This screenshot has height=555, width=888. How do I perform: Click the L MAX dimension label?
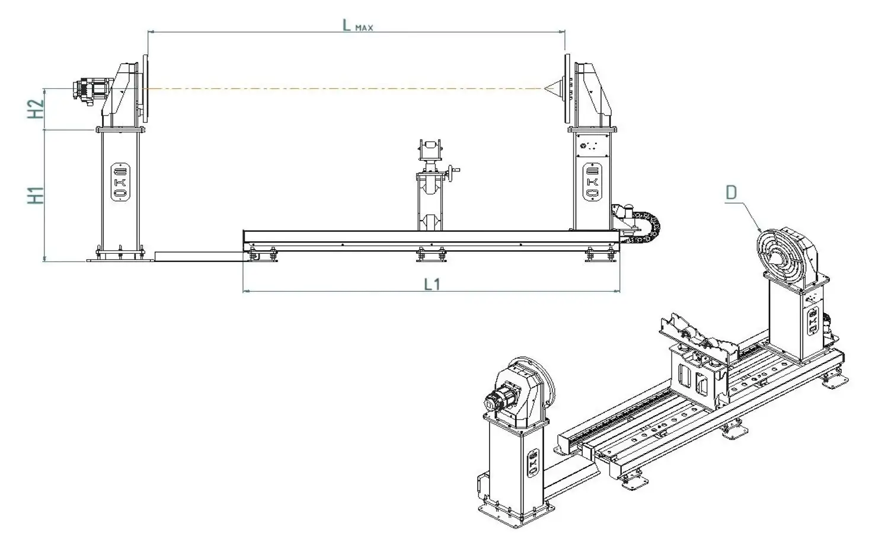[357, 25]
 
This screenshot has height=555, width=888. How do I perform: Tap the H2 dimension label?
[36, 109]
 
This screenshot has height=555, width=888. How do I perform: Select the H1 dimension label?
[36, 195]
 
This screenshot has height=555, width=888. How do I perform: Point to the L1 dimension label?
[432, 284]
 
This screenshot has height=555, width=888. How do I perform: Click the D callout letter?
[731, 193]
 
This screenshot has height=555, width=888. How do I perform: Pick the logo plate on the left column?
[120, 182]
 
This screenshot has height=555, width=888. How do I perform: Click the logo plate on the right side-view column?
[592, 182]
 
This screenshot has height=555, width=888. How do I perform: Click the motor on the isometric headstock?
[500, 398]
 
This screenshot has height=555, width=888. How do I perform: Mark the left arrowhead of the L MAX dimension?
[151, 31]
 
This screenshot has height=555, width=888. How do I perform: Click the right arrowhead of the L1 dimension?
[617, 291]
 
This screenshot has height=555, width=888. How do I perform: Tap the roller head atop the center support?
[430, 150]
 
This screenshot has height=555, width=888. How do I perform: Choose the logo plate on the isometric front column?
[533, 462]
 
